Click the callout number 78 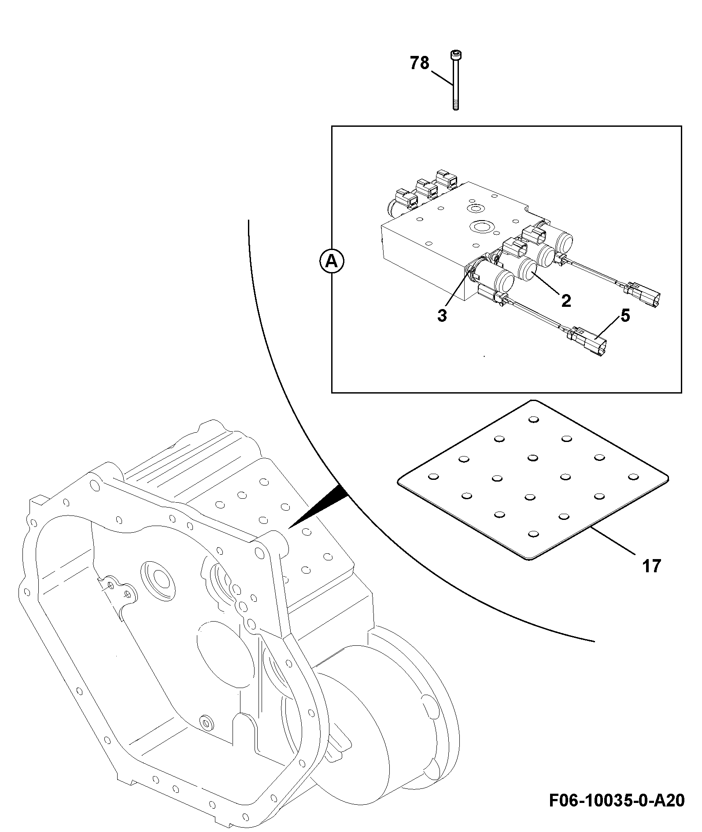tap(419, 63)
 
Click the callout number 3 tap(442, 315)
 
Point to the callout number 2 tap(566, 301)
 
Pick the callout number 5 tap(625, 315)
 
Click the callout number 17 tap(652, 566)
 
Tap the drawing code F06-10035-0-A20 tap(617, 800)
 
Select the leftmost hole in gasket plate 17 tap(433, 476)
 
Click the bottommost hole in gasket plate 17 tap(533, 534)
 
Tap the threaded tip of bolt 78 tap(455, 106)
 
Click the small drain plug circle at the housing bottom tap(205, 722)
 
